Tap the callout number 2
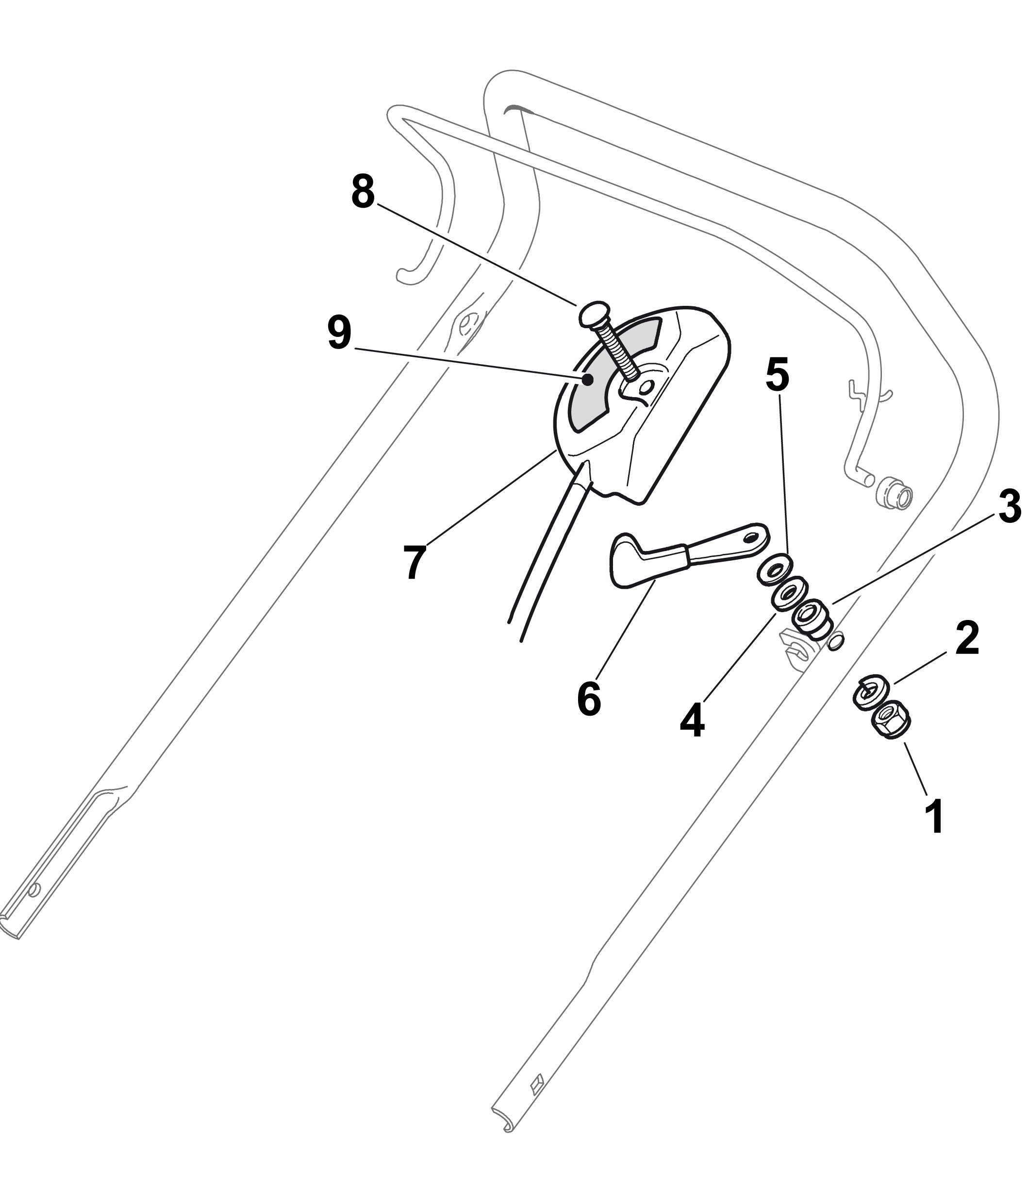tap(967, 638)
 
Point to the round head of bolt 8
tap(595, 315)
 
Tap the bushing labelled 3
tap(811, 619)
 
